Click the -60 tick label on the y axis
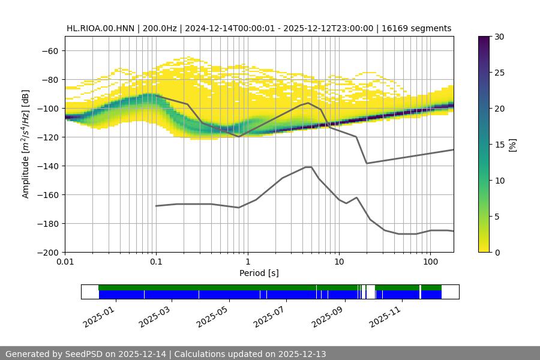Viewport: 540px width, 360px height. [x=50, y=51]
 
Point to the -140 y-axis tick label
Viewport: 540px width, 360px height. [x=47, y=166]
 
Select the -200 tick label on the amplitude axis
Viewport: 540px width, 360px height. [x=47, y=253]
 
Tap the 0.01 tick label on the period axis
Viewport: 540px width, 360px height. [x=65, y=262]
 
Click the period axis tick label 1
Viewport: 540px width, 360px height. [x=247, y=262]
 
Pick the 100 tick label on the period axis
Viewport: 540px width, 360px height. [x=430, y=262]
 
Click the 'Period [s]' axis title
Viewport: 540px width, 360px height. [x=259, y=273]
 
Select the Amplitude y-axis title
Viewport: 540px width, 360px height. [x=25, y=144]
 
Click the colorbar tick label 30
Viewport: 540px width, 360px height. [x=499, y=37]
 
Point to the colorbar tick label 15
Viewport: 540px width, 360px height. [x=499, y=145]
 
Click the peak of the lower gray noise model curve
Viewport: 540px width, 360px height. [x=308, y=167]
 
